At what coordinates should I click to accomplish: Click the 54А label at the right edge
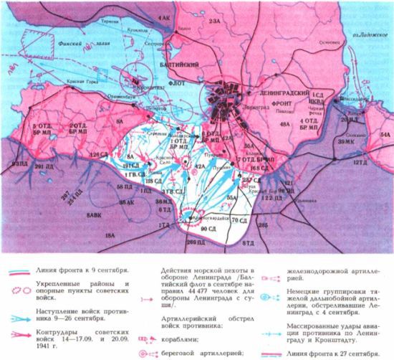[385, 134]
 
